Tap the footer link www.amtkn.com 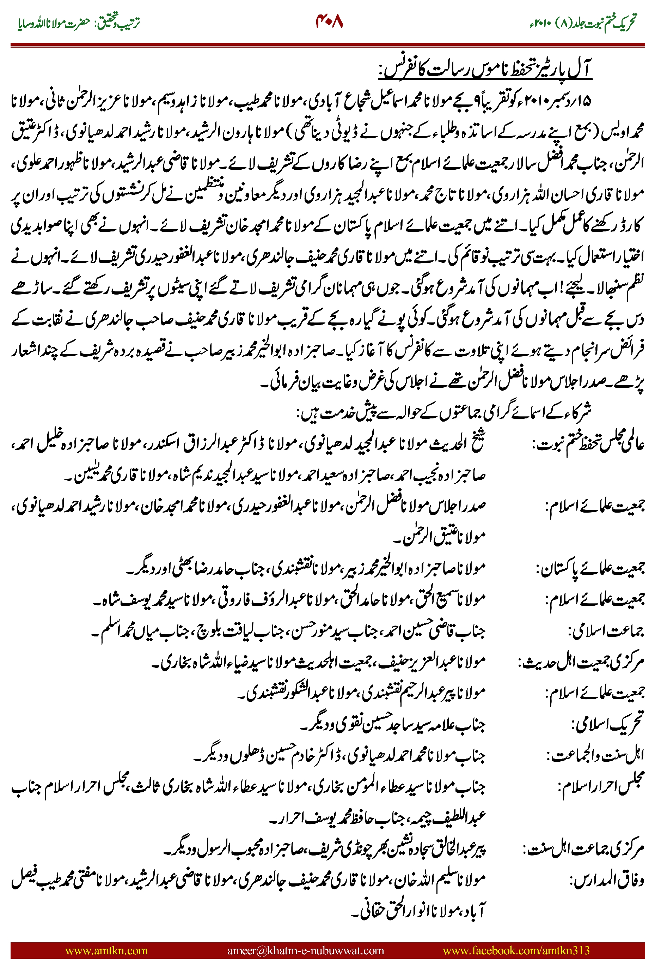(106, 950)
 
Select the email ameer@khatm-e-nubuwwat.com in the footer (305, 950)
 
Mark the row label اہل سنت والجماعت (596, 756)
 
